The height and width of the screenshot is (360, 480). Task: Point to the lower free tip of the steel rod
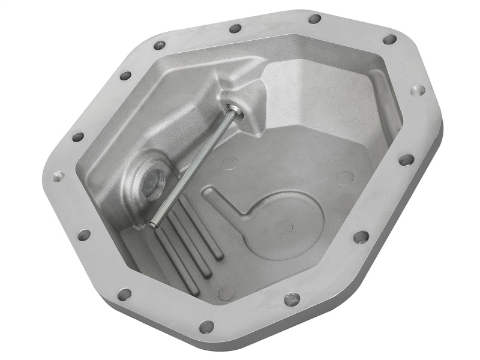[154, 225]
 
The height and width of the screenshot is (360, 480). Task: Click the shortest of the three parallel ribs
[203, 228]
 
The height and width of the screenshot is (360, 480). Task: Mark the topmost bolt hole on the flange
[314, 19]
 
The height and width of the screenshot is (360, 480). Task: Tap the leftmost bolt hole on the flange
[59, 176]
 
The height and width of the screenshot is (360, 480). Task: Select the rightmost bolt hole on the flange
[418, 91]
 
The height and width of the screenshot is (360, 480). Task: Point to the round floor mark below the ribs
[226, 292]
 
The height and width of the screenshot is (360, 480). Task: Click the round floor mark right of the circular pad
[344, 178]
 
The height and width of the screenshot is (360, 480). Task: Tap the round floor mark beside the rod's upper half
[229, 163]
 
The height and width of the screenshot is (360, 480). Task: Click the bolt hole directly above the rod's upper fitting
[235, 28]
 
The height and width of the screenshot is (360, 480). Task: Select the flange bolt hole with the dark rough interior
[292, 298]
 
